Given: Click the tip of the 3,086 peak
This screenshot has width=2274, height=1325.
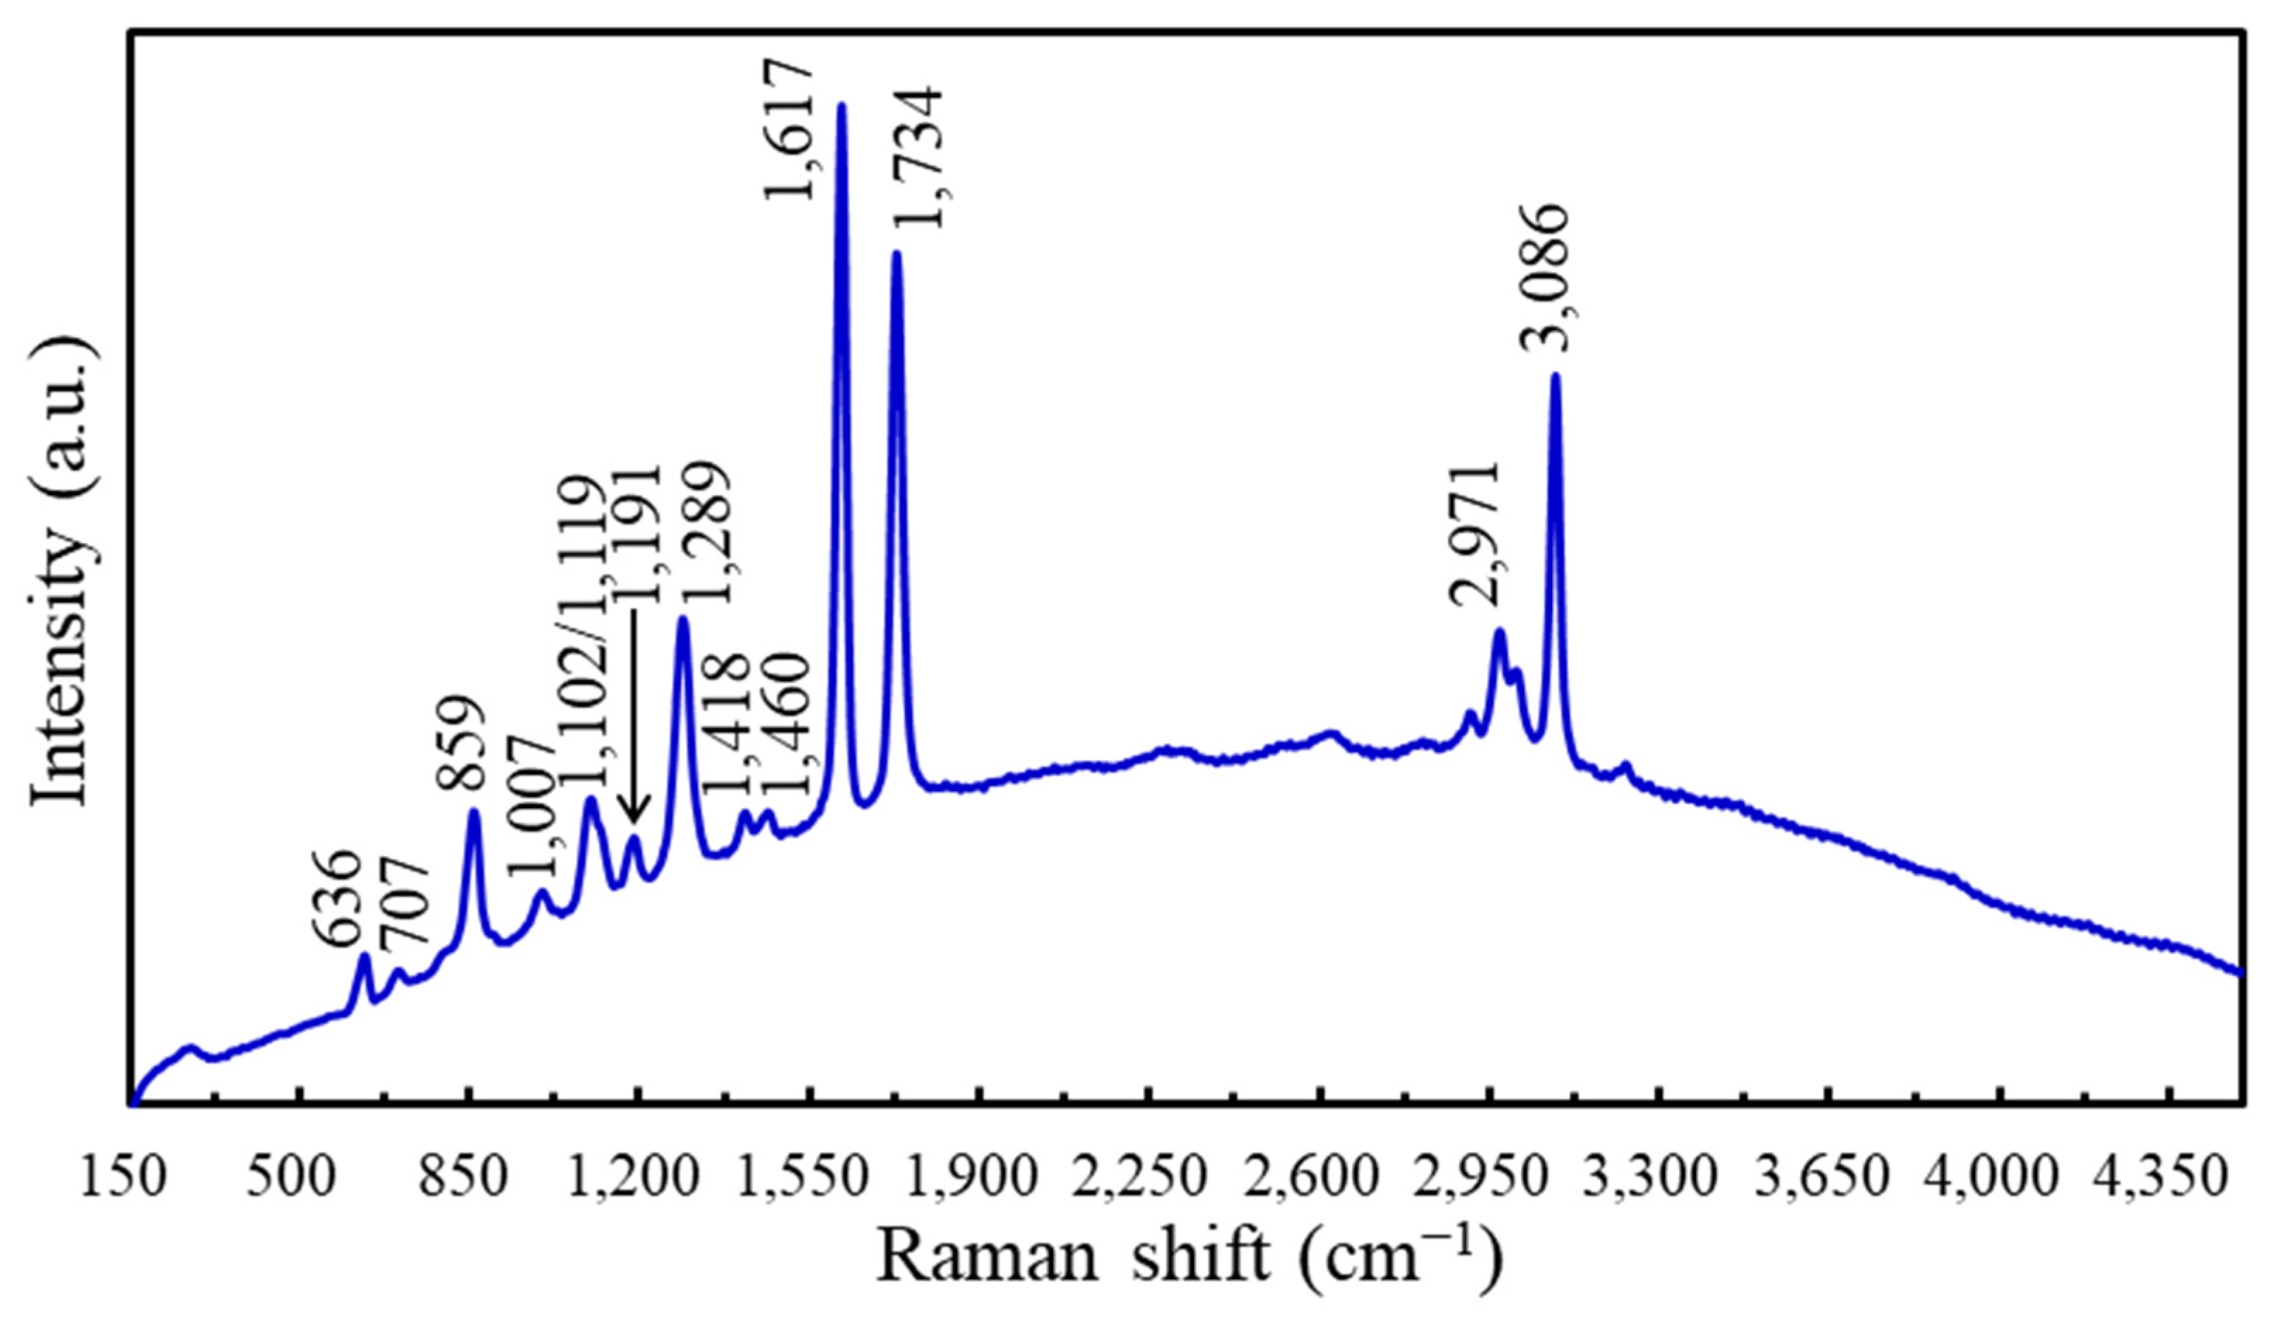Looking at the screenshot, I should pos(1555,377).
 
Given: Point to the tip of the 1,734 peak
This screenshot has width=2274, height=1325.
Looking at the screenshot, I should pos(896,255).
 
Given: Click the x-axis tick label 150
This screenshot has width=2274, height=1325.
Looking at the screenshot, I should pos(123,1180).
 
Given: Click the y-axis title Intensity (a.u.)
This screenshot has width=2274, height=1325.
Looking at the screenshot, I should pos(61,570).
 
